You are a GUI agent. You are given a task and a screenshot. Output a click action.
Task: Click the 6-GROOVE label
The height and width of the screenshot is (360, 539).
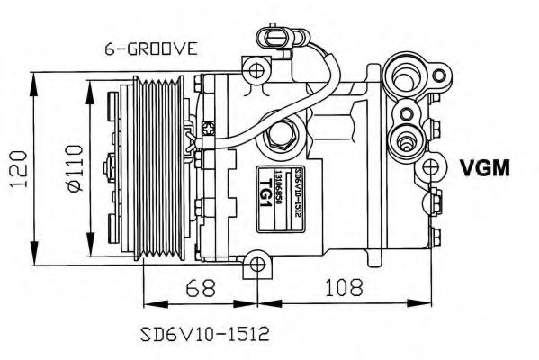click(x=146, y=49)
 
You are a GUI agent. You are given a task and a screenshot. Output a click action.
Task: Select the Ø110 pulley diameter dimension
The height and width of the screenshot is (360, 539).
click(x=74, y=167)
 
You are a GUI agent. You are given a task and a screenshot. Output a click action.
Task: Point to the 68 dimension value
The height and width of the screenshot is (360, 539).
click(x=200, y=290)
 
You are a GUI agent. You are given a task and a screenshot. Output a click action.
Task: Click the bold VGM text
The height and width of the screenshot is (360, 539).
click(x=484, y=168)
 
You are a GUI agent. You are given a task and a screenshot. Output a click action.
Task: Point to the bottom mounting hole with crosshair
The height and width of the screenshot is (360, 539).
click(x=257, y=265)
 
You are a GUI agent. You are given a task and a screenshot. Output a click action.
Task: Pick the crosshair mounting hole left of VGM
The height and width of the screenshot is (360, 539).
click(x=433, y=167)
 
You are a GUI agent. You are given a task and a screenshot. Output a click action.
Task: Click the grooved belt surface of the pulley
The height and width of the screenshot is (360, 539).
click(x=159, y=167)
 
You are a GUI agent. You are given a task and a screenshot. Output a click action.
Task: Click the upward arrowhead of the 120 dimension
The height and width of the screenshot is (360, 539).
click(x=33, y=76)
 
